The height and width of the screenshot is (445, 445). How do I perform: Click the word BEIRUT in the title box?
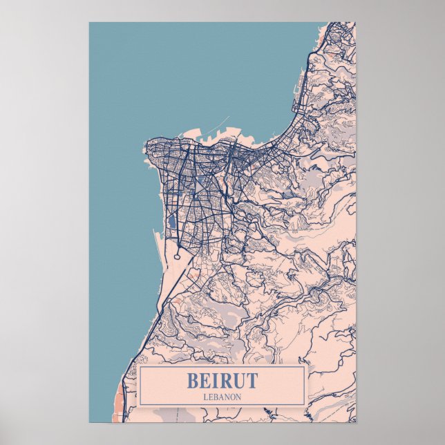tap(222, 381)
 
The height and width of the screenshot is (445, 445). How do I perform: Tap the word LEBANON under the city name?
tap(222, 397)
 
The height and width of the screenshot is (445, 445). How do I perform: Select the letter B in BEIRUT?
tap(192, 381)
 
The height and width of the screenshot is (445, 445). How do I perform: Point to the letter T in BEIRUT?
tap(251, 381)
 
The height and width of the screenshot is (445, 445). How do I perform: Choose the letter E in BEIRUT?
tap(205, 381)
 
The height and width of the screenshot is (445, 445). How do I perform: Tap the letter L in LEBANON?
tap(205, 397)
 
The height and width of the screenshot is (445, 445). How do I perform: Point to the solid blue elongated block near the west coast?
tap(171, 222)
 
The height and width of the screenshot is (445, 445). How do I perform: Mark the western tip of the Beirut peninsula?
tap(145, 146)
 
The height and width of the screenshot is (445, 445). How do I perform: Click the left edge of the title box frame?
tap(140, 386)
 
